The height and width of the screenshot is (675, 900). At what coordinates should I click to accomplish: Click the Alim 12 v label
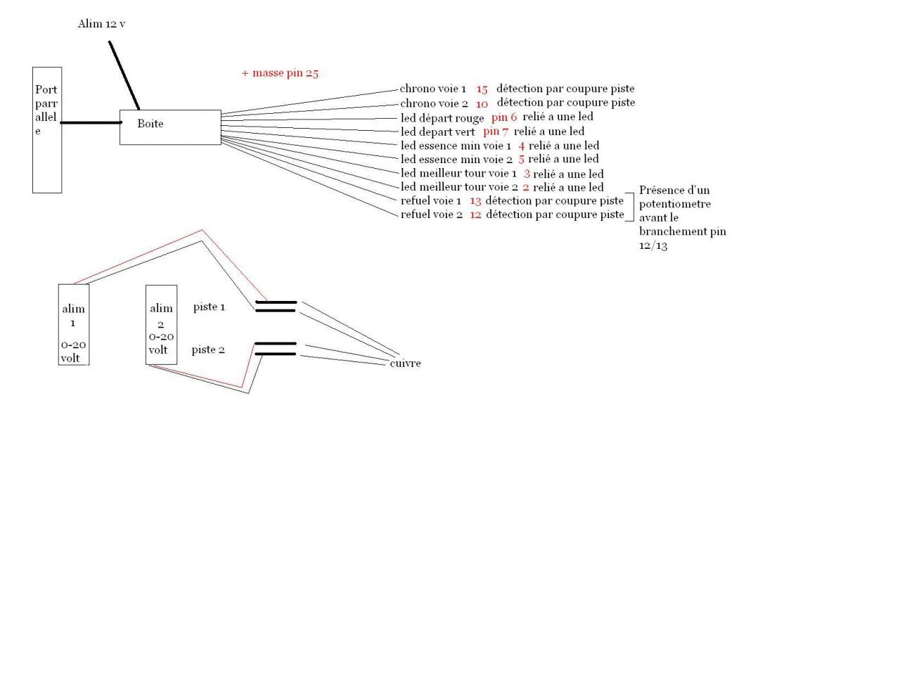click(x=101, y=24)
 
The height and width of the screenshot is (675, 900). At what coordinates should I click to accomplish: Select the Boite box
click(x=170, y=127)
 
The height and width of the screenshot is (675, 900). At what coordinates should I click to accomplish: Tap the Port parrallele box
click(x=47, y=130)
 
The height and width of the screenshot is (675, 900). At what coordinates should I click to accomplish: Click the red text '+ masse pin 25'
click(x=280, y=73)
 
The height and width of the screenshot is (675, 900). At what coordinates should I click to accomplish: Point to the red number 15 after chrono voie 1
click(x=482, y=89)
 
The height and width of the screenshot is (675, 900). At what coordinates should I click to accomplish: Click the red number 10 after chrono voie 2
click(x=482, y=103)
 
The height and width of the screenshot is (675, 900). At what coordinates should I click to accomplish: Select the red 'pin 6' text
click(x=504, y=117)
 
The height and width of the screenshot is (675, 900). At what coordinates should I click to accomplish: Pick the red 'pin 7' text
click(x=496, y=131)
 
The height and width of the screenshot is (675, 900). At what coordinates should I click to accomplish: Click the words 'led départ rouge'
click(x=442, y=118)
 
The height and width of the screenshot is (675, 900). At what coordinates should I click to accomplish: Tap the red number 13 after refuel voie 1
click(x=475, y=201)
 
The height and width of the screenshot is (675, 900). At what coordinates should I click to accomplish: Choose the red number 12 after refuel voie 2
click(x=475, y=214)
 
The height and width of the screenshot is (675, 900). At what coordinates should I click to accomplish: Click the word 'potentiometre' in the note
click(x=675, y=204)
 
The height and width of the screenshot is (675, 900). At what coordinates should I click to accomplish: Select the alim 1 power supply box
click(x=73, y=325)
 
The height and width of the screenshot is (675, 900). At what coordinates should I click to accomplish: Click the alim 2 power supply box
click(x=161, y=325)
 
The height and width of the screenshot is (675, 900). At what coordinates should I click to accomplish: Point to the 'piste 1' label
click(x=209, y=307)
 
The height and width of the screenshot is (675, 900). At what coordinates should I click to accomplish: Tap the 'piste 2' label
click(x=208, y=349)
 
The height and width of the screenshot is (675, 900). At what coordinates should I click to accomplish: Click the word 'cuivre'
click(x=405, y=364)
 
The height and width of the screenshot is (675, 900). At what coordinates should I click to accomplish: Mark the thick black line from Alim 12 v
click(x=124, y=76)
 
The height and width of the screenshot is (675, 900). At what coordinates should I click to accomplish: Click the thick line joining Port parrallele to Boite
click(x=90, y=123)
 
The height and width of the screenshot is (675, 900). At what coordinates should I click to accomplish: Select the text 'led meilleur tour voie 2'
click(x=459, y=187)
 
